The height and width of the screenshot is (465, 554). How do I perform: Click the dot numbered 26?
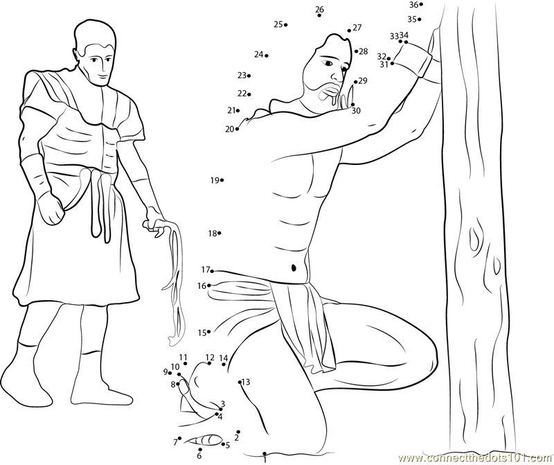point(319,15)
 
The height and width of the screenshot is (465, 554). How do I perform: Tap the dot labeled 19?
point(222,180)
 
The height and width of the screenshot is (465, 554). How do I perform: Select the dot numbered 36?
point(421,5)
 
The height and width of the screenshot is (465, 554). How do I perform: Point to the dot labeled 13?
point(240,382)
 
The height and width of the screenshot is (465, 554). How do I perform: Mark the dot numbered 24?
point(267,55)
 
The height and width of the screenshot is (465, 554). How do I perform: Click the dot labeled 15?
point(209,332)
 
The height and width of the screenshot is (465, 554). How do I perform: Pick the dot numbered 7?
point(180,438)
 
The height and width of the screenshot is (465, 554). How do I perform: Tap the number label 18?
point(213,234)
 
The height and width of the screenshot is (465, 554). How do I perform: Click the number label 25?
point(278,24)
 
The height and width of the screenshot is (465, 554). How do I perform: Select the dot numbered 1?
point(265,453)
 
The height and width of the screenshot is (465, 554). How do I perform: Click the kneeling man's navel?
point(294,268)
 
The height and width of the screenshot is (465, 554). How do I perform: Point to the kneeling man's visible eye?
point(328,63)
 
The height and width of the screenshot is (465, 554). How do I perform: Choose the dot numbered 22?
point(249,94)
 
